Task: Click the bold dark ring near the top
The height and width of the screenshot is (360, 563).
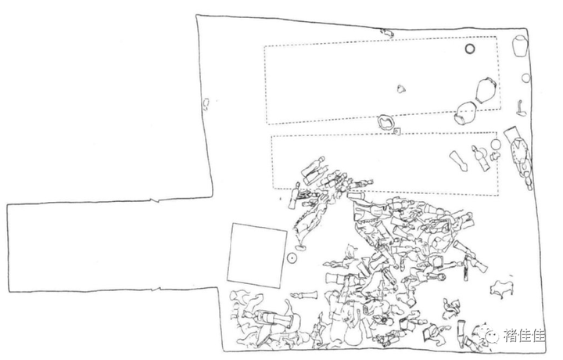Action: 470,49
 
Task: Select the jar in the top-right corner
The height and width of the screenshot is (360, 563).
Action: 520,46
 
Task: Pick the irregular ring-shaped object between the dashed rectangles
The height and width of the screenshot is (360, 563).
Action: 386,123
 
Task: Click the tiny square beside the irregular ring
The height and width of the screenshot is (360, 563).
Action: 398,131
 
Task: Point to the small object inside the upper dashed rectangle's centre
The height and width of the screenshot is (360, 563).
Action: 402,88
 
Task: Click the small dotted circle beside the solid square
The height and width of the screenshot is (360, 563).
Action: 292,256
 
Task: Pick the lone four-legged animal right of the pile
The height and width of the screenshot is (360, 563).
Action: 500,289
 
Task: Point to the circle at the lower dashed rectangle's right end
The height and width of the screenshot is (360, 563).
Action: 496,146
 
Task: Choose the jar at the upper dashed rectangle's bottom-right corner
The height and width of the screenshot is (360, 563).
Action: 466,113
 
